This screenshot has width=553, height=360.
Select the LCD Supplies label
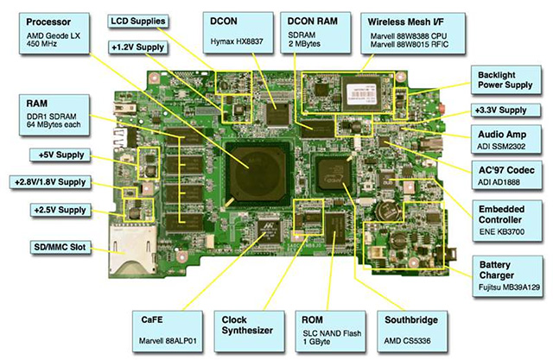[x=142, y=20]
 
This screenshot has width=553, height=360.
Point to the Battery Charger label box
[x=510, y=272]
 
